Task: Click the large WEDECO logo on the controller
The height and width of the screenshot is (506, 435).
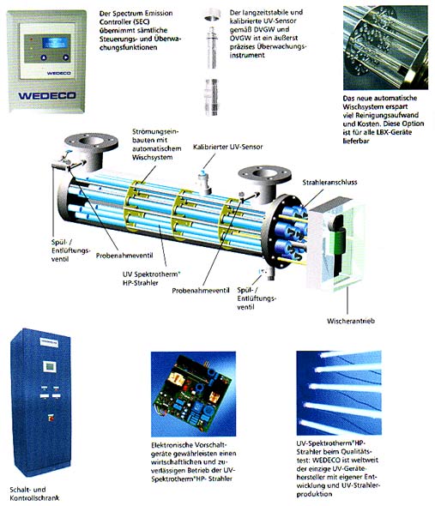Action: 47,95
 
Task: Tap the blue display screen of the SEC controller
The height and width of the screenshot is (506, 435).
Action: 56,43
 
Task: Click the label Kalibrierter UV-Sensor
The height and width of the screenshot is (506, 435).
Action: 227,147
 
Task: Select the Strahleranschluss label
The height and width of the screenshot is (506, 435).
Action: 329,183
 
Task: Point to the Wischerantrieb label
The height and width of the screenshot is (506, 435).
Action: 351,321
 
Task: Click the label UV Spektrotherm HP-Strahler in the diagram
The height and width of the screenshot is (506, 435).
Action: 151,278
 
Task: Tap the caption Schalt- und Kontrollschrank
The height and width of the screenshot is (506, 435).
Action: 34,493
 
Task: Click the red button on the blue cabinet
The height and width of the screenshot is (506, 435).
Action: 51,418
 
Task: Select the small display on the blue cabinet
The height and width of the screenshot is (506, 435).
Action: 50,367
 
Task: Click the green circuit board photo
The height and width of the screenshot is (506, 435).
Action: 193,394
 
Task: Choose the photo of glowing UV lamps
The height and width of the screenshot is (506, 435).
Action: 339,393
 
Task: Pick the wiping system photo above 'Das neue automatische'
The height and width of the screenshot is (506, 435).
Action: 385,47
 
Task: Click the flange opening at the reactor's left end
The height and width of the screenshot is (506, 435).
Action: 90,141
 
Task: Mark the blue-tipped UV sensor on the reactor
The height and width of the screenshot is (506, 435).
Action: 203,181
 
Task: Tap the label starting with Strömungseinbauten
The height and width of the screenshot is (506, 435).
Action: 156,144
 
